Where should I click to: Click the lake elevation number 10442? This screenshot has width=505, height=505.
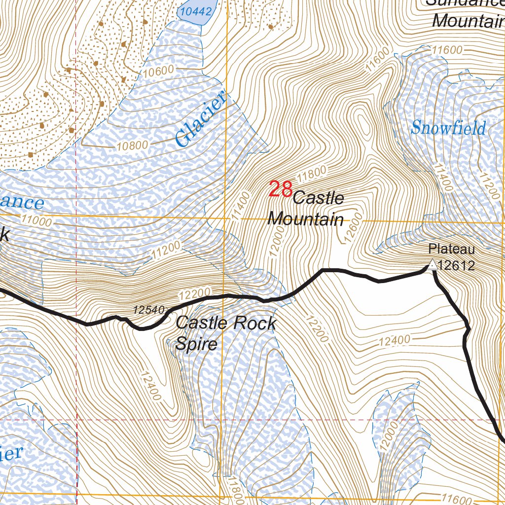pos(196,11)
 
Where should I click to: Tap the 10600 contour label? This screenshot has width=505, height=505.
pos(159,71)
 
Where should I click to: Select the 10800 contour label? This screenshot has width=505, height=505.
pos(133,145)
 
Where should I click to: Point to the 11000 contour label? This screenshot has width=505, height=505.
pos(36,221)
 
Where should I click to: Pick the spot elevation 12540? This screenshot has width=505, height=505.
pos(148,310)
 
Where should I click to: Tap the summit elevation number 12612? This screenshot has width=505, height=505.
pos(456,266)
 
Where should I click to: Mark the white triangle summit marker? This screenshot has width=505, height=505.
pos(432,265)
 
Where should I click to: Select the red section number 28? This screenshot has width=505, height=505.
pos(281,189)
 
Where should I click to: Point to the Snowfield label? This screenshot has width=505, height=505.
pos(448,128)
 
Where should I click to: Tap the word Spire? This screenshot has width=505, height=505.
pos(196,343)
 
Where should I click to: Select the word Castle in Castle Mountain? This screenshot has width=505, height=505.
pos(318,198)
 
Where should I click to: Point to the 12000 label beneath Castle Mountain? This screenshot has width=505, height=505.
pos(277,244)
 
